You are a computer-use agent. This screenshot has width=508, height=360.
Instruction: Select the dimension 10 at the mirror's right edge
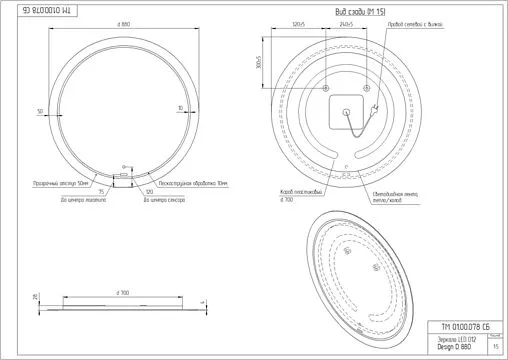tap(180, 106)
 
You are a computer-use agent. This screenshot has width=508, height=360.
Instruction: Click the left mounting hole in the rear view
tap(325, 89)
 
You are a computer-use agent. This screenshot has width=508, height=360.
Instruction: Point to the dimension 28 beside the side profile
tap(34, 297)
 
